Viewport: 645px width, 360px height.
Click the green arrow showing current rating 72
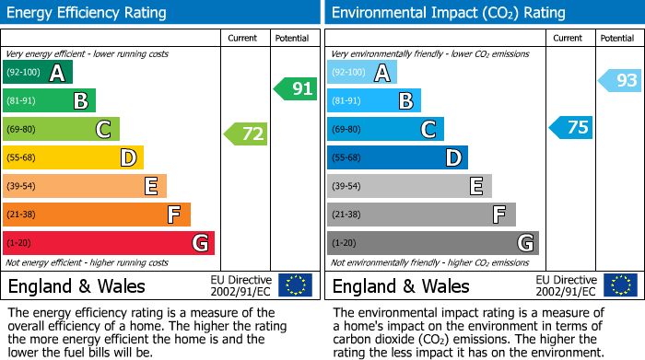[x=246, y=134]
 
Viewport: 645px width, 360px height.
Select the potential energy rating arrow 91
[x=295, y=89]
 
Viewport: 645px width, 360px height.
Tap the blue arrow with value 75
[x=571, y=128]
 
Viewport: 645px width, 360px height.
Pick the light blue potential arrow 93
[x=620, y=81]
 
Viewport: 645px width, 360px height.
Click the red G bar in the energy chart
[x=109, y=243]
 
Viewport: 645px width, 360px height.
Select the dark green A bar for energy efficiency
[x=38, y=73]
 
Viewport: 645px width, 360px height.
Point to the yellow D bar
[x=73, y=158]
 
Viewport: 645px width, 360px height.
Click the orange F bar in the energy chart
[x=97, y=215]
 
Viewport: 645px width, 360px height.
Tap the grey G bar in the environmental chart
[x=432, y=243]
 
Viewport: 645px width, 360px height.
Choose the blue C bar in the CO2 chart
[x=385, y=130]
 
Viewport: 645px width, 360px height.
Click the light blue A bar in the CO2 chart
[x=362, y=73]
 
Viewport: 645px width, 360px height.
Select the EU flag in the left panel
[x=296, y=285]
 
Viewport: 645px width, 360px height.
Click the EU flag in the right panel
[x=620, y=285]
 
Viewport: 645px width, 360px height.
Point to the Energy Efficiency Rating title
[x=88, y=13]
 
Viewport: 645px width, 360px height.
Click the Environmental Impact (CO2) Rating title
[x=448, y=13]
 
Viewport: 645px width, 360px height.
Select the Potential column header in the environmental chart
[x=616, y=38]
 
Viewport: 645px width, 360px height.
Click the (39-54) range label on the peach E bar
[x=22, y=187]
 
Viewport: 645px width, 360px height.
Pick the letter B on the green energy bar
[x=81, y=101]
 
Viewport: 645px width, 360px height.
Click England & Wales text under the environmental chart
[x=401, y=285]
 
